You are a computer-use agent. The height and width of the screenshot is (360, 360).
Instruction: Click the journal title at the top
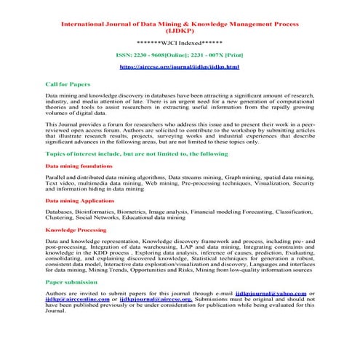click(x=179, y=24)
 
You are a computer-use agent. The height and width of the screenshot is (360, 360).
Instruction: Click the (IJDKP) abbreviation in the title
click(x=179, y=32)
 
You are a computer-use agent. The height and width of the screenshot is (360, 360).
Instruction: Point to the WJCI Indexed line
click(x=179, y=44)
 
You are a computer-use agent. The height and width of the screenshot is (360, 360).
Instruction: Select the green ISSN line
click(x=179, y=55)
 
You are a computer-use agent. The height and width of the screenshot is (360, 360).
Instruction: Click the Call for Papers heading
click(x=68, y=84)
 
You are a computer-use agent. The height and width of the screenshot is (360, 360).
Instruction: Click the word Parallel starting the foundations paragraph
click(x=56, y=177)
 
